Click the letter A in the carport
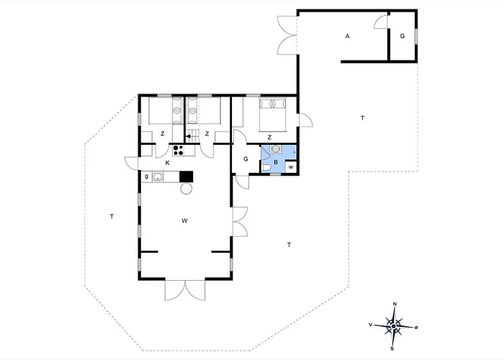point(347,36)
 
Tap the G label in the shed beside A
point(402,36)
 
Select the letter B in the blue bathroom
point(276,162)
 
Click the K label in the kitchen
point(168,163)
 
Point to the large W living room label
point(184,220)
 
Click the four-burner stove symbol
point(178,150)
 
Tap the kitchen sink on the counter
point(158,176)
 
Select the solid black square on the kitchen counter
point(186,176)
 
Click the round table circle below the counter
point(186,189)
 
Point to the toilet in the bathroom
point(267,168)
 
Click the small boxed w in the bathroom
point(291,167)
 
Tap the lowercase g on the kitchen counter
point(147,176)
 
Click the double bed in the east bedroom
point(273,114)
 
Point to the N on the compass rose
point(395,304)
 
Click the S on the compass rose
point(392,348)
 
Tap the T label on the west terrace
point(112,216)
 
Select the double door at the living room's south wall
point(185,290)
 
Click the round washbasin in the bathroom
point(276,149)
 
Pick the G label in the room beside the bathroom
point(246,159)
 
